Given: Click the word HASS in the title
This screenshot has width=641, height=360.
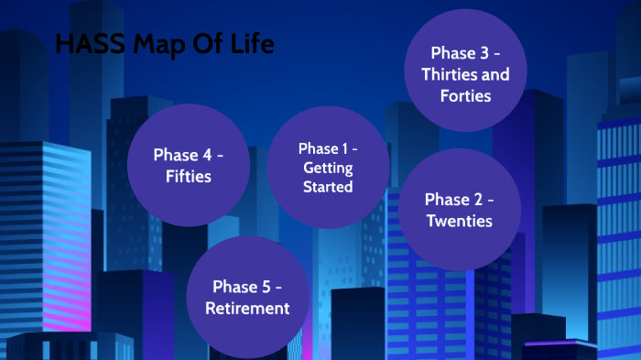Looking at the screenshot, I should point(84,43).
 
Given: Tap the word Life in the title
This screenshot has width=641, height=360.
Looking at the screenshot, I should point(253,43).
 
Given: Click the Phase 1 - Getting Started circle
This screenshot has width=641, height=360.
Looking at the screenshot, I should point(327,167).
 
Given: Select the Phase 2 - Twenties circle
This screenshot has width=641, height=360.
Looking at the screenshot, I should point(459,209).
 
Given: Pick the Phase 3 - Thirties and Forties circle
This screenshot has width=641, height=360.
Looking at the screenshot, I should point(464,73).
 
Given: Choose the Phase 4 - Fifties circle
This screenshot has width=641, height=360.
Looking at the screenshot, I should point(189,165).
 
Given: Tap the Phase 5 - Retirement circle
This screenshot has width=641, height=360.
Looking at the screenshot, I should point(247,297).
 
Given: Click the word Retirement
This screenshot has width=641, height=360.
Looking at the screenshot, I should point(247,308).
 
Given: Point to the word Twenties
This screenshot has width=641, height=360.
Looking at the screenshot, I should point(459,221).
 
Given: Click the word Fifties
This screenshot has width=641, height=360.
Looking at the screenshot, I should point(189,176).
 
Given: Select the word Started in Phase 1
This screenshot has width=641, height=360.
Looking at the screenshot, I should point(328,186).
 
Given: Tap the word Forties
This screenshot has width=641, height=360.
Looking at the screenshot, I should point(465,95).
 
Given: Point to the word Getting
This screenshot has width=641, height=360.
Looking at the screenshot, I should point(328,168).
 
